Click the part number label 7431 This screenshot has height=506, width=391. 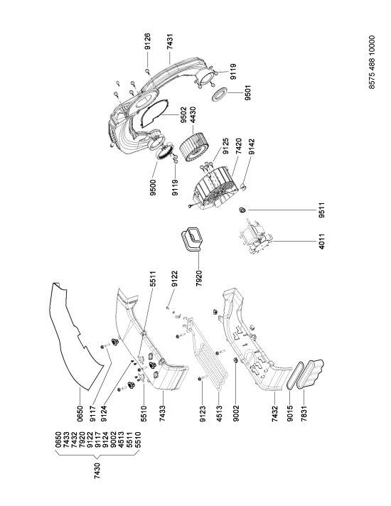[170, 41]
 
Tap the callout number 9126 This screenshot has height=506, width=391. [147, 41]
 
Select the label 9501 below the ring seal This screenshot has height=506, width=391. [247, 92]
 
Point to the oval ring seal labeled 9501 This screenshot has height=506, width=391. [220, 93]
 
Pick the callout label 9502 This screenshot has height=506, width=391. [184, 115]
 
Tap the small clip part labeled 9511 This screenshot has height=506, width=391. [242, 210]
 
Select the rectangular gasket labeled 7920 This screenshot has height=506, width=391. [191, 239]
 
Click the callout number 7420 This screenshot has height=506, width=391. [239, 147]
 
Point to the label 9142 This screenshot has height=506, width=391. [252, 147]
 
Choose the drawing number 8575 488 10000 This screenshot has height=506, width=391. [372, 63]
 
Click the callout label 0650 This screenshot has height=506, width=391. [80, 414]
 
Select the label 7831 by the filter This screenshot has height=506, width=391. [304, 414]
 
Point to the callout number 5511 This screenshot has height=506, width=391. [153, 279]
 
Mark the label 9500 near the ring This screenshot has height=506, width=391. [152, 188]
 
